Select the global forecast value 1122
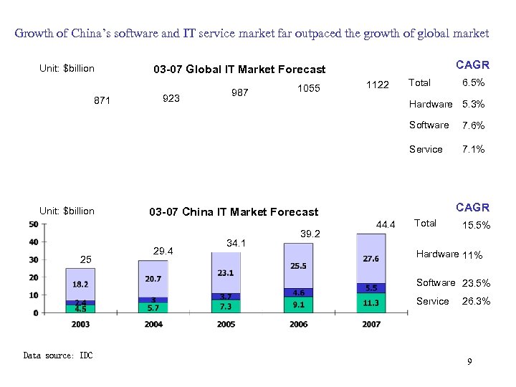click(x=377, y=85)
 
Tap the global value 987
click(x=240, y=93)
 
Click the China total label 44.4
click(x=385, y=226)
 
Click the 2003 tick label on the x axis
click(x=80, y=324)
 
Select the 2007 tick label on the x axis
click(x=371, y=324)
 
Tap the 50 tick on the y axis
click(x=34, y=225)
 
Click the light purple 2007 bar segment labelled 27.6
click(x=371, y=259)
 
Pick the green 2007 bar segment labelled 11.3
click(x=371, y=303)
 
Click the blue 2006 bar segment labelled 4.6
click(x=298, y=292)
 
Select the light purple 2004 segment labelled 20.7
click(x=153, y=278)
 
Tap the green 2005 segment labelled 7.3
click(x=226, y=306)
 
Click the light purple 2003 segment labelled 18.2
click(x=80, y=284)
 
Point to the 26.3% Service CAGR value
click(x=477, y=302)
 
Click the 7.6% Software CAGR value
click(x=473, y=126)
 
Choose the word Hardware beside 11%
click(x=438, y=254)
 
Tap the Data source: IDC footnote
click(x=58, y=355)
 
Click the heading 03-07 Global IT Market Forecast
click(x=239, y=70)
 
